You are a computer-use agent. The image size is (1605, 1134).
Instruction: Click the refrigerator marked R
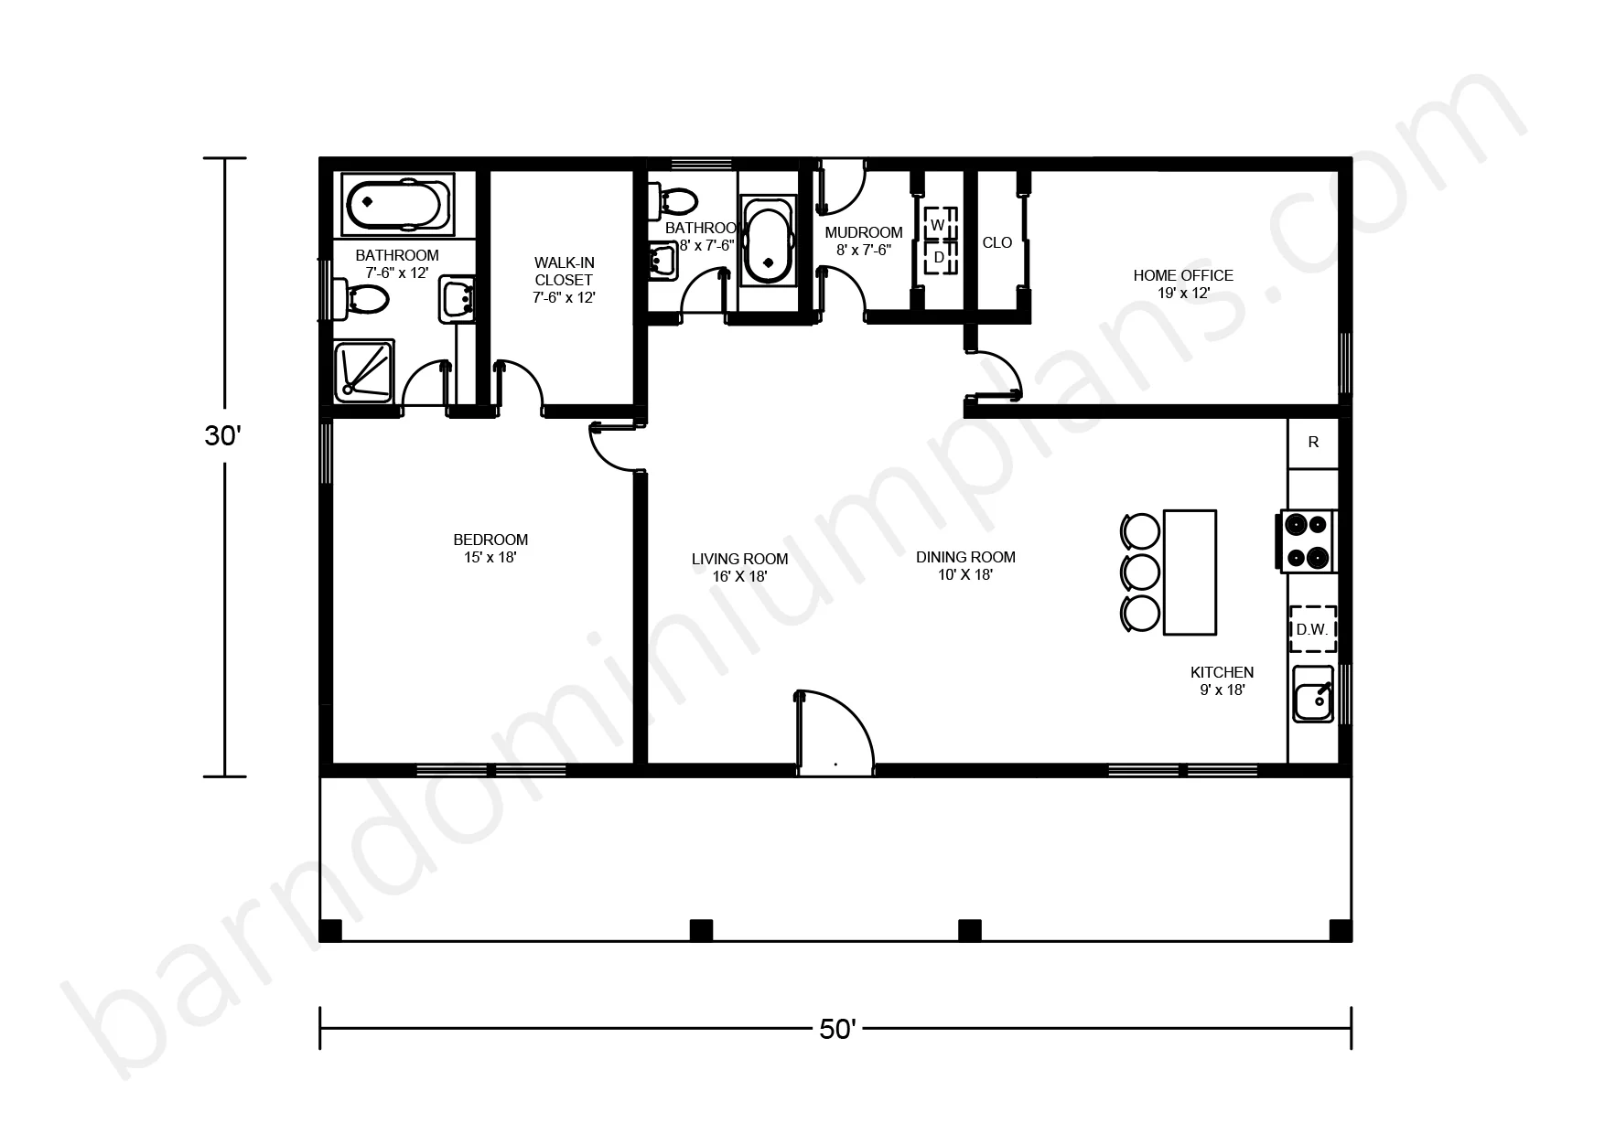pos(1313,444)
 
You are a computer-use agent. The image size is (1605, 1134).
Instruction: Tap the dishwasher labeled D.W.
pos(1312,629)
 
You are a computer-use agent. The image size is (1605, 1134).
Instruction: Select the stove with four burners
pos(1307,540)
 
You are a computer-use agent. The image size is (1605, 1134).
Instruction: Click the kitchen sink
pos(1313,694)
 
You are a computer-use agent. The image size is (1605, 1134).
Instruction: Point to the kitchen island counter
pos(1190,572)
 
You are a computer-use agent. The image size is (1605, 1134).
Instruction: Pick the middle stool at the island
pos(1141,572)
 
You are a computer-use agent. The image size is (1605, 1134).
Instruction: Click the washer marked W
pos(937,224)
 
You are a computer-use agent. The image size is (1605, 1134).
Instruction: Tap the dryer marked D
pos(938,258)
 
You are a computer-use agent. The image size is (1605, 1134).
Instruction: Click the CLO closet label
pos(997,243)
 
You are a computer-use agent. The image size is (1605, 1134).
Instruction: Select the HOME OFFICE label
pos(1183,275)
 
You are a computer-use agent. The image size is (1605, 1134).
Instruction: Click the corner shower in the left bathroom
pos(364,370)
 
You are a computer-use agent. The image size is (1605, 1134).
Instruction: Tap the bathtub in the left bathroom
pos(397,203)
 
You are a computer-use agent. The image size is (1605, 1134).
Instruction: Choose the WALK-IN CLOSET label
pos(564,272)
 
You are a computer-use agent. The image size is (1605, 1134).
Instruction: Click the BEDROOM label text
pos(490,540)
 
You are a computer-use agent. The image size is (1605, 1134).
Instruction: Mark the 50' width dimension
pos(835,1030)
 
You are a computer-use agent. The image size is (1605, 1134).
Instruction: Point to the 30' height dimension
pos(224,437)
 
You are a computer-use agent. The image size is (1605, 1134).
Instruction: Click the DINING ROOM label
pos(965,557)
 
